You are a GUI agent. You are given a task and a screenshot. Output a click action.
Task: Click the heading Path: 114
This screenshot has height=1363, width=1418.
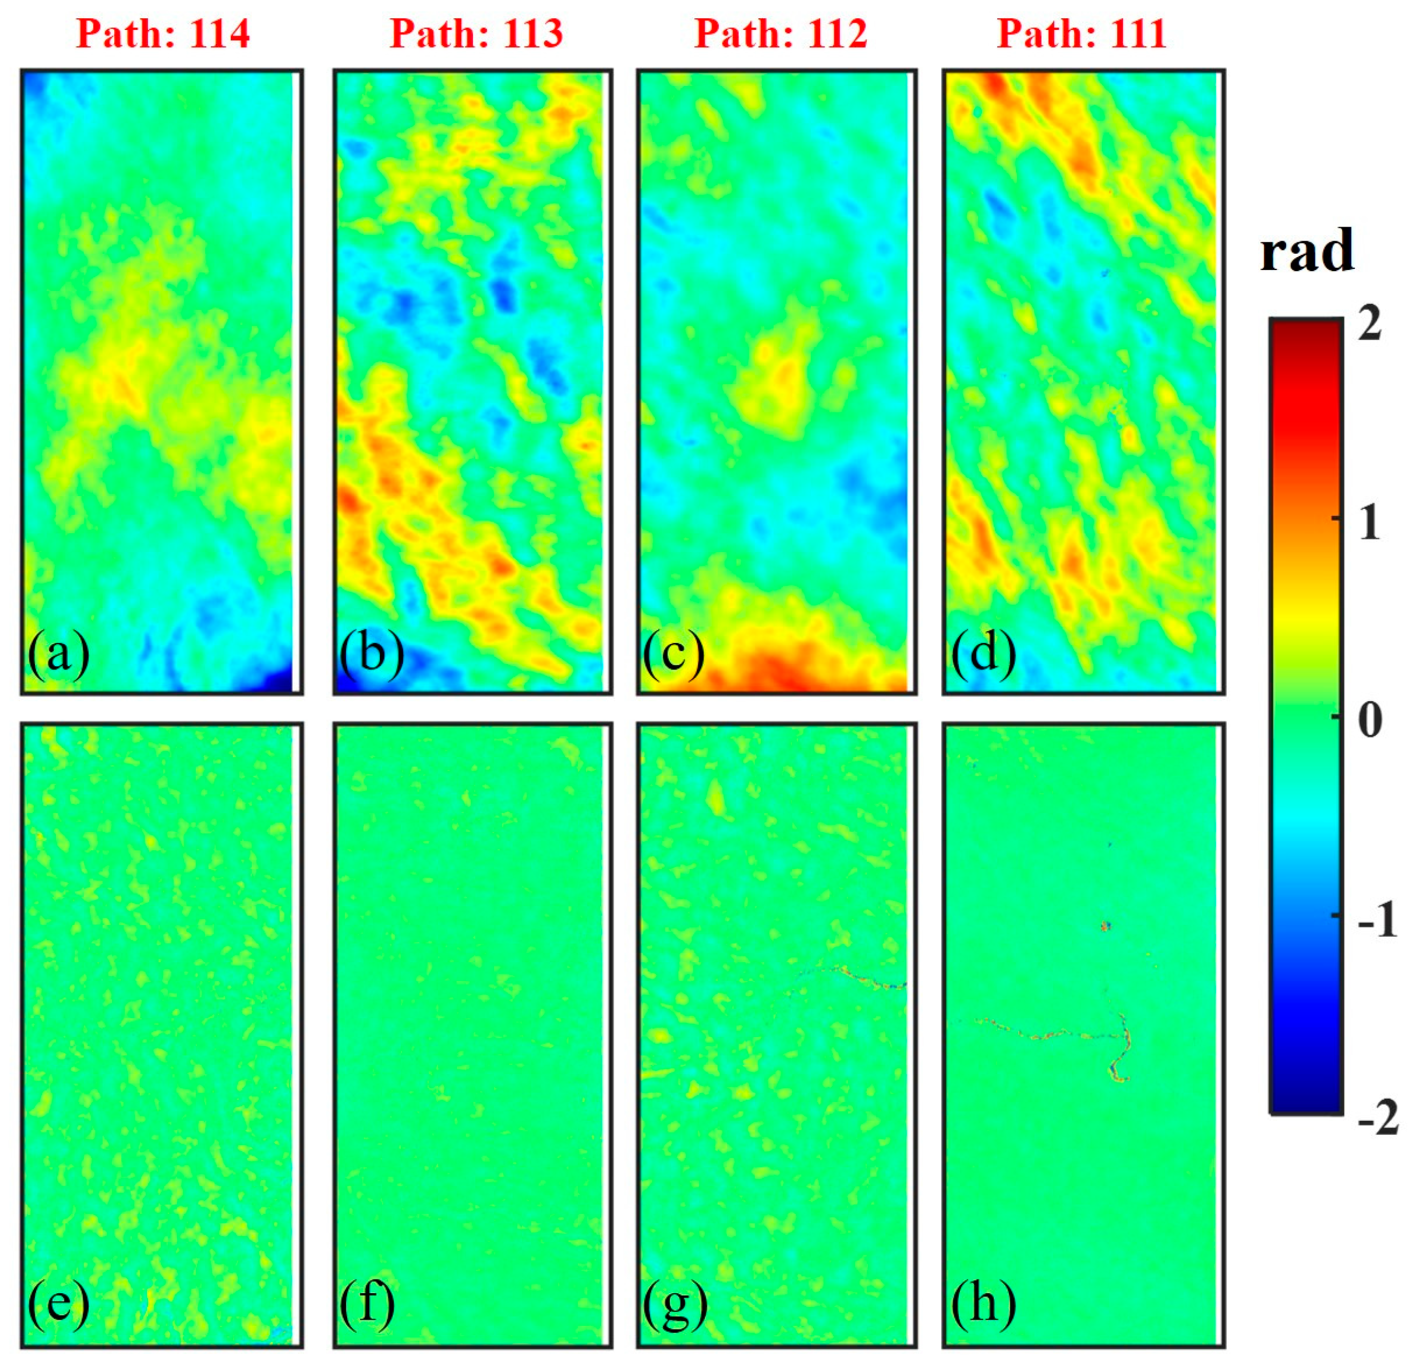pyautogui.click(x=163, y=34)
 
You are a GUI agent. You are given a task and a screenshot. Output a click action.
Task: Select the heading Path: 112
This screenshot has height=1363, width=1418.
pyautogui.click(x=781, y=34)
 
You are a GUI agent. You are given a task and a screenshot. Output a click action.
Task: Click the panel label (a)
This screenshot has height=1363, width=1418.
pyautogui.click(x=59, y=655)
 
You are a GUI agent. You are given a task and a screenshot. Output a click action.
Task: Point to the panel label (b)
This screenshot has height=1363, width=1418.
pyautogui.click(x=371, y=655)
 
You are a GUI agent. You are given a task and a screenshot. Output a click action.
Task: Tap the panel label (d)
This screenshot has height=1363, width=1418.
pyautogui.click(x=983, y=655)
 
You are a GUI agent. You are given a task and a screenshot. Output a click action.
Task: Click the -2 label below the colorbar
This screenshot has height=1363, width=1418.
pyautogui.click(x=1377, y=1119)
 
